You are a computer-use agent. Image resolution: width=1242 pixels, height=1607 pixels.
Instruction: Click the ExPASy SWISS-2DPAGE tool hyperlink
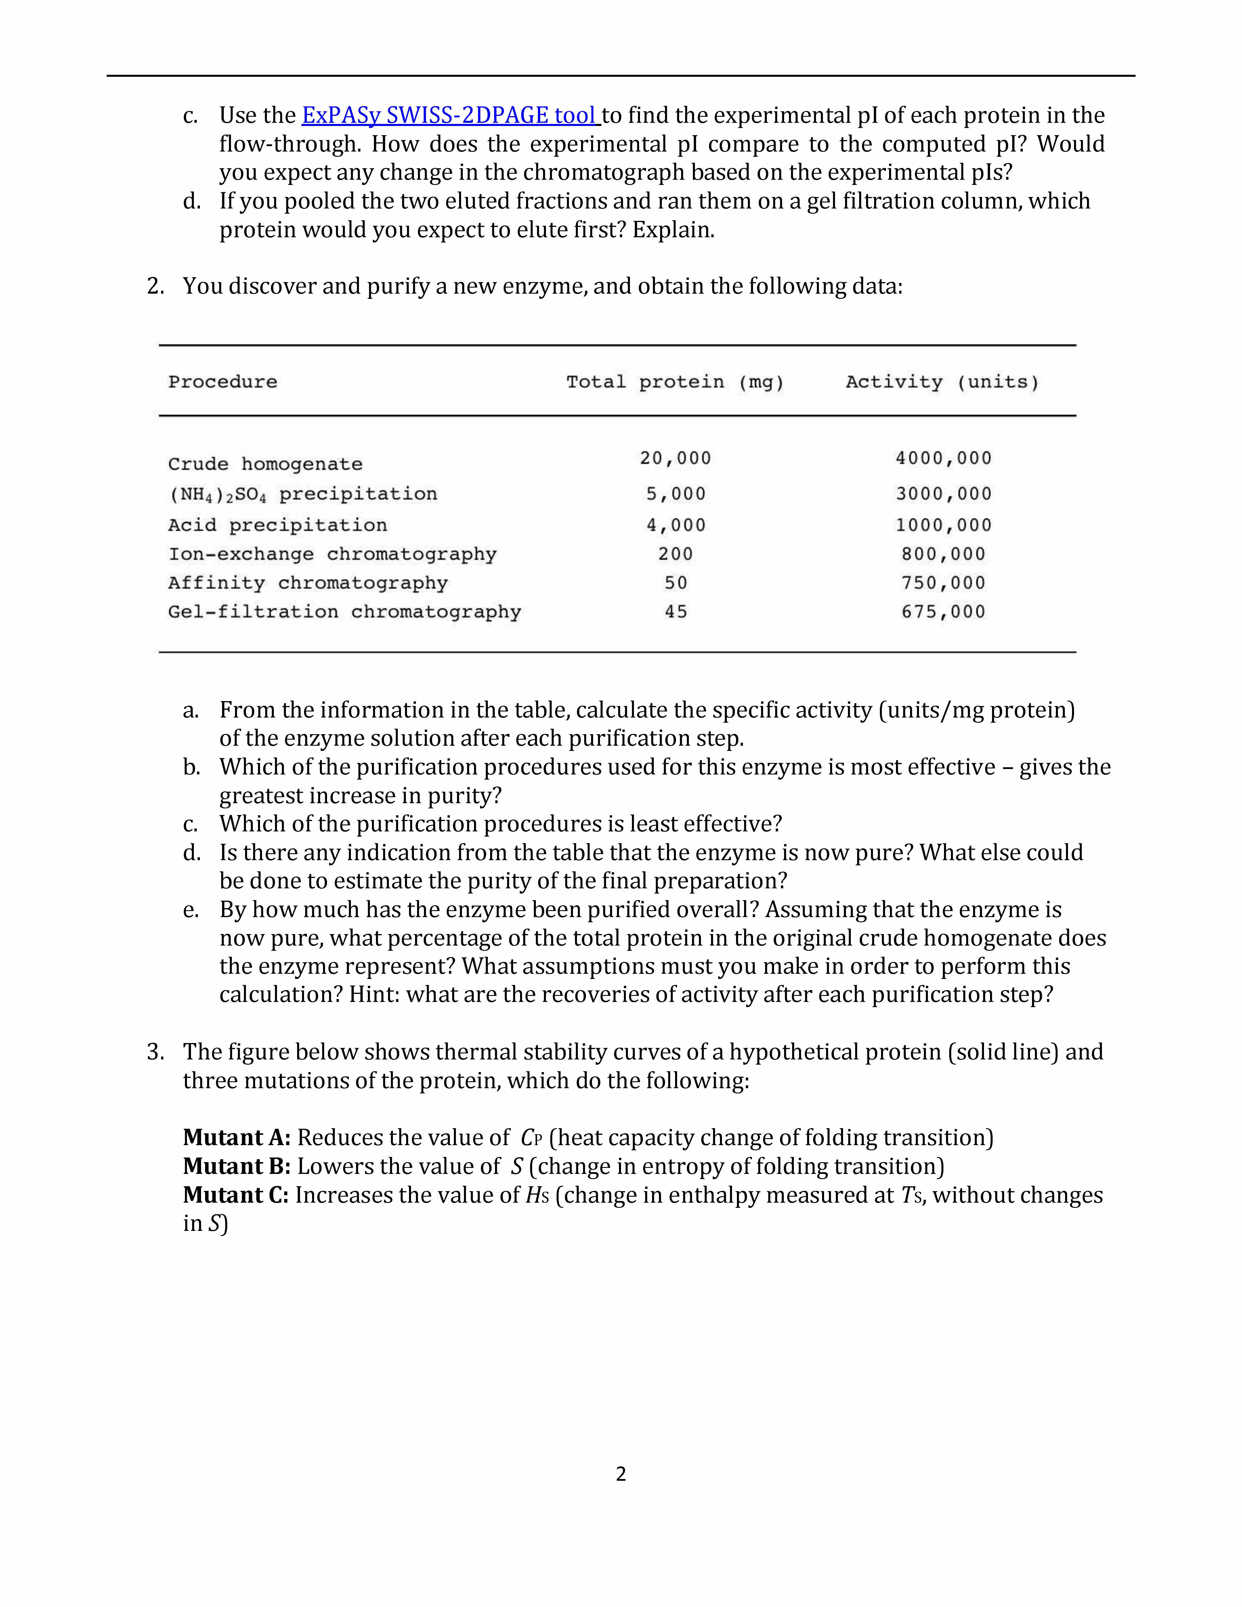[x=450, y=116]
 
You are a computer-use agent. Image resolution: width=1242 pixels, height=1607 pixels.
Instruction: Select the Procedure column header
[x=223, y=382]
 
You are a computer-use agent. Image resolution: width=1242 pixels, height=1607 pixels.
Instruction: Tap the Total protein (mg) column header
[x=675, y=382]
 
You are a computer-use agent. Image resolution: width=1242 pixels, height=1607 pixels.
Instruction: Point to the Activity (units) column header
[x=942, y=382]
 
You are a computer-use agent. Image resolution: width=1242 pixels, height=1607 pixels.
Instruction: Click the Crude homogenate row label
[x=265, y=464]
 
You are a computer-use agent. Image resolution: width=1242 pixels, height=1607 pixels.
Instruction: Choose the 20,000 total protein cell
[x=675, y=458]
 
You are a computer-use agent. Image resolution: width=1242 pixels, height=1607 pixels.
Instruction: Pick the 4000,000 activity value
[x=943, y=458]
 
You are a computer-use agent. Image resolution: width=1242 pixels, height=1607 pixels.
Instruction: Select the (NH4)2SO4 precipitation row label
[x=302, y=494]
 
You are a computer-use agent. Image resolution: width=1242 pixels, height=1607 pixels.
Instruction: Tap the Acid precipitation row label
[x=277, y=525]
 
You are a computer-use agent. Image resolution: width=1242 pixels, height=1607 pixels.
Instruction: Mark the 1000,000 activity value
[x=943, y=525]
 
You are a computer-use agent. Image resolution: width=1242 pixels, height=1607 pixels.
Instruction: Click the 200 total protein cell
[x=675, y=554]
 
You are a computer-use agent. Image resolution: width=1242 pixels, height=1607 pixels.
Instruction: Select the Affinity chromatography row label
[x=307, y=584]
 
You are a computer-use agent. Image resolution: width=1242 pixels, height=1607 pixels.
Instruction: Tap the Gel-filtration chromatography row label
[x=344, y=612]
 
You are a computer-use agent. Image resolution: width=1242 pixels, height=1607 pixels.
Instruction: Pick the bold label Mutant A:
[x=237, y=1138]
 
